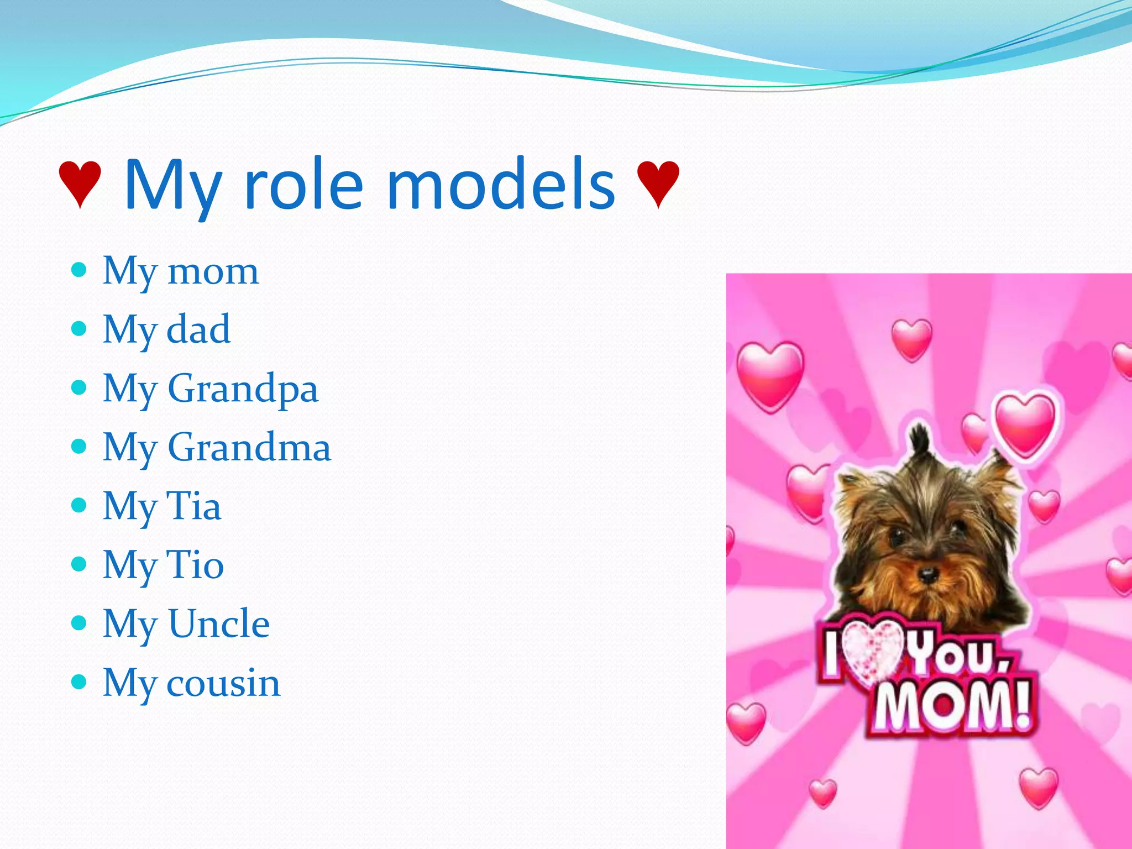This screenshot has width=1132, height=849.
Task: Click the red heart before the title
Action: coord(81,185)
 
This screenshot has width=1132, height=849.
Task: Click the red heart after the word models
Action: coord(658,185)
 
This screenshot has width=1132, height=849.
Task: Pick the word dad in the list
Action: coord(198,329)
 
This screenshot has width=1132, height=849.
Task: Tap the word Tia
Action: coord(193,506)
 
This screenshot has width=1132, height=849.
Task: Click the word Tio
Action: coord(195,565)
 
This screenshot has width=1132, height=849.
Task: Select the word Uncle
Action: coord(219,623)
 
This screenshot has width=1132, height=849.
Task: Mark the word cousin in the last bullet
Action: coord(223,683)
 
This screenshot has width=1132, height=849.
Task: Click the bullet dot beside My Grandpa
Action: coord(80,387)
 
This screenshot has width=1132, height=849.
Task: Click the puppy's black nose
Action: coord(928,575)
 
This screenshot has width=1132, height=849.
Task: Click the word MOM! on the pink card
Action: coord(953,707)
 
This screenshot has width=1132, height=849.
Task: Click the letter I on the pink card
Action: coord(831,656)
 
